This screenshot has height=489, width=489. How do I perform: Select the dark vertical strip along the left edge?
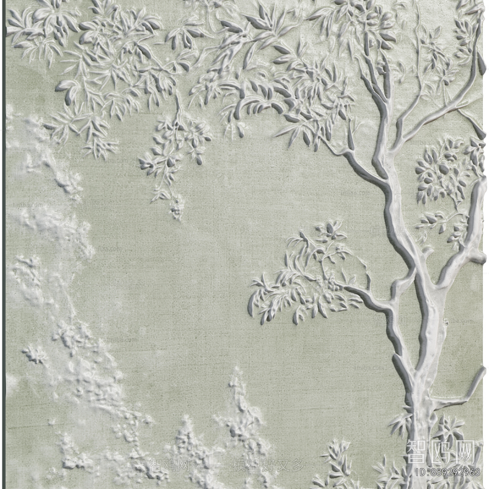pyautogui.click(x=3, y=244)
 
